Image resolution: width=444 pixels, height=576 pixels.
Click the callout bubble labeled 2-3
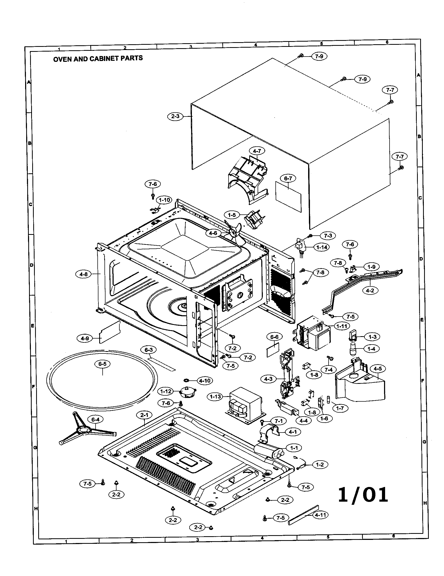tap(175, 116)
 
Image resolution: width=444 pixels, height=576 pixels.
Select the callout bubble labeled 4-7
tap(257, 151)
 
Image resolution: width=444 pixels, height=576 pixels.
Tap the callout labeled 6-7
tap(288, 178)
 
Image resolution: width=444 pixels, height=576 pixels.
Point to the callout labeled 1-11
tap(342, 326)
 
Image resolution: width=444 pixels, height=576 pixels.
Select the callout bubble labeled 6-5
tap(102, 364)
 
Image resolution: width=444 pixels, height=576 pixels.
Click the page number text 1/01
tap(363, 495)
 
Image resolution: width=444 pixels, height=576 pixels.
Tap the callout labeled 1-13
tap(215, 396)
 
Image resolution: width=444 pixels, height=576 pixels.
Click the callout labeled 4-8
tap(83, 274)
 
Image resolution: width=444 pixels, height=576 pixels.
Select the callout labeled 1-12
tap(165, 391)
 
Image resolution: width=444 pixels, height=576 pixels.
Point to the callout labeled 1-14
tap(322, 247)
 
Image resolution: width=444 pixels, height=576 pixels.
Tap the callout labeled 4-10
tap(205, 381)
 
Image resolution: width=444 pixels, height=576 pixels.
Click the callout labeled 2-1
tap(144, 415)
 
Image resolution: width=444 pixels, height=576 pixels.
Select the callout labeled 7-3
tap(328, 236)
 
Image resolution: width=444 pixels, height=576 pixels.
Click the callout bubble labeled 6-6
tap(274, 337)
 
